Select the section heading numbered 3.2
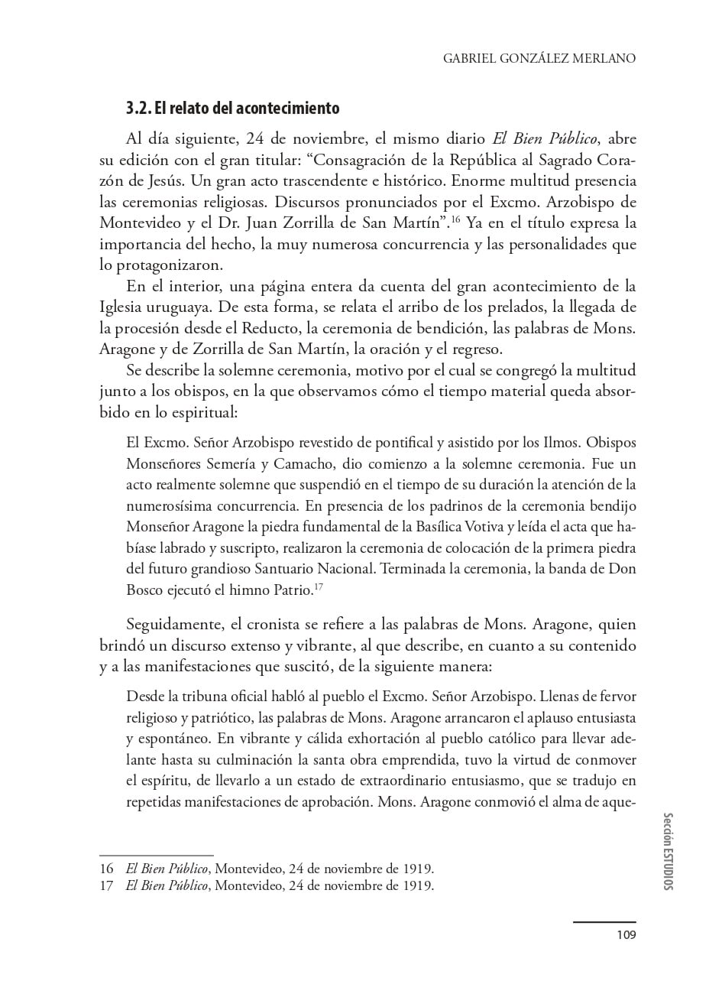point(232,109)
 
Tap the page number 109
point(626,934)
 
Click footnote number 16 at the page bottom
point(106,869)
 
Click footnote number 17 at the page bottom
point(106,886)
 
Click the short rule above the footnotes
point(157,855)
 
